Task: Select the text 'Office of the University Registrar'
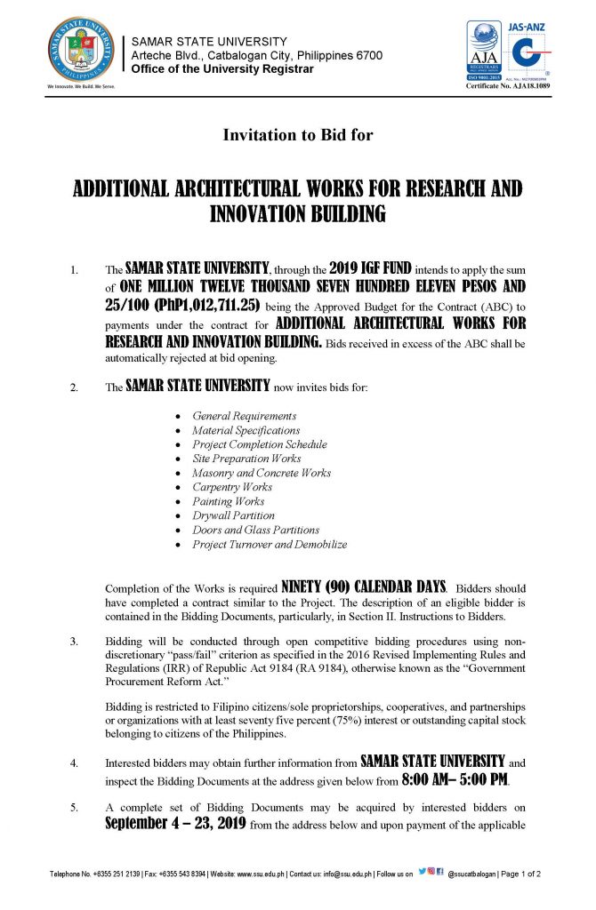click(222, 69)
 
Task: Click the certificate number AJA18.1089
click(504, 90)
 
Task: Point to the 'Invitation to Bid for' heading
click(297, 136)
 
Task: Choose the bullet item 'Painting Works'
click(229, 501)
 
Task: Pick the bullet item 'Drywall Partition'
click(234, 515)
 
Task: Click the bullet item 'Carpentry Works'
click(232, 487)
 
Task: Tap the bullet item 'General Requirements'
click(245, 416)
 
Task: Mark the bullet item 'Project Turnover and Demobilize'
click(270, 544)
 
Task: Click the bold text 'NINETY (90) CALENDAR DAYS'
click(363, 587)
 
